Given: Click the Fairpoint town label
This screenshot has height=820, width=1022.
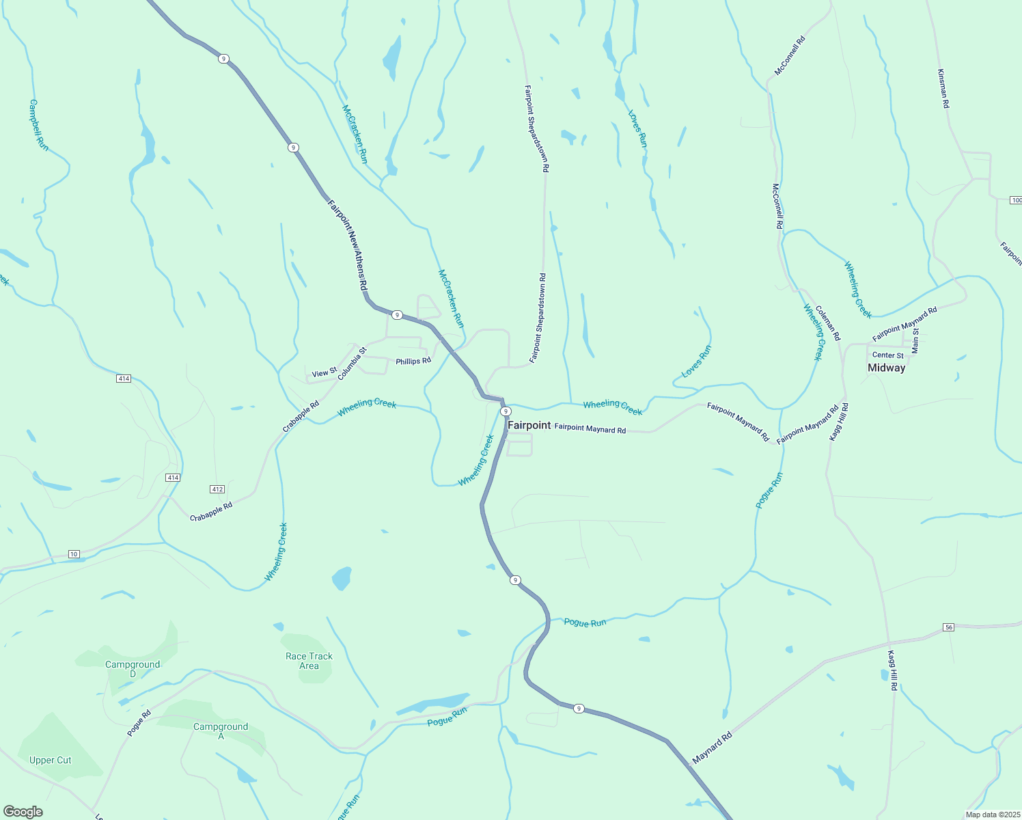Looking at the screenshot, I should [x=529, y=425].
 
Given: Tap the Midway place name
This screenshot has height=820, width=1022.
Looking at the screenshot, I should [x=886, y=368].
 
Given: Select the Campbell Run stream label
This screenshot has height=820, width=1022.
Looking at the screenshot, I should [x=39, y=125].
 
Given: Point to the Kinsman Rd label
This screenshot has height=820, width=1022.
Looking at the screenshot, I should [x=943, y=88].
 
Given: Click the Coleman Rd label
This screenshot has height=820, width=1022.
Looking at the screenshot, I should [x=828, y=323].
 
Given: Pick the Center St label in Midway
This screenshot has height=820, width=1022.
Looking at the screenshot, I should [x=887, y=355].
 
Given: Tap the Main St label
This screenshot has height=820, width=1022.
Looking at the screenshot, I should [x=915, y=340].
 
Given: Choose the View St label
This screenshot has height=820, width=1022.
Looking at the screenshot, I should [x=324, y=373].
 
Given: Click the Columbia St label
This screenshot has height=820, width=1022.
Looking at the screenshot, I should [x=352, y=362].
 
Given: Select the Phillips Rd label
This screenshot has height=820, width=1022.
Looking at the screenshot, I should [x=413, y=361].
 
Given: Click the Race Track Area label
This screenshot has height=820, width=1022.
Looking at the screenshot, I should [x=309, y=661].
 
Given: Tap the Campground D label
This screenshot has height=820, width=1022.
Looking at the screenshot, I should [x=133, y=669].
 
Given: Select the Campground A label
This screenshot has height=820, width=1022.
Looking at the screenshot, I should [x=221, y=731].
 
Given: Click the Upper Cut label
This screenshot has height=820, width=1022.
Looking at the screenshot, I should [x=51, y=760].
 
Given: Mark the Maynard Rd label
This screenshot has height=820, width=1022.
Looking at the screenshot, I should [x=712, y=748].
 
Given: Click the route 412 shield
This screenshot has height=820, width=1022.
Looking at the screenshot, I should [x=217, y=489].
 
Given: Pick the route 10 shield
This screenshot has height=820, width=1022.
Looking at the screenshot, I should [x=74, y=554].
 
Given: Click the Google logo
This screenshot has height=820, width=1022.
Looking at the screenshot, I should [x=23, y=812].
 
